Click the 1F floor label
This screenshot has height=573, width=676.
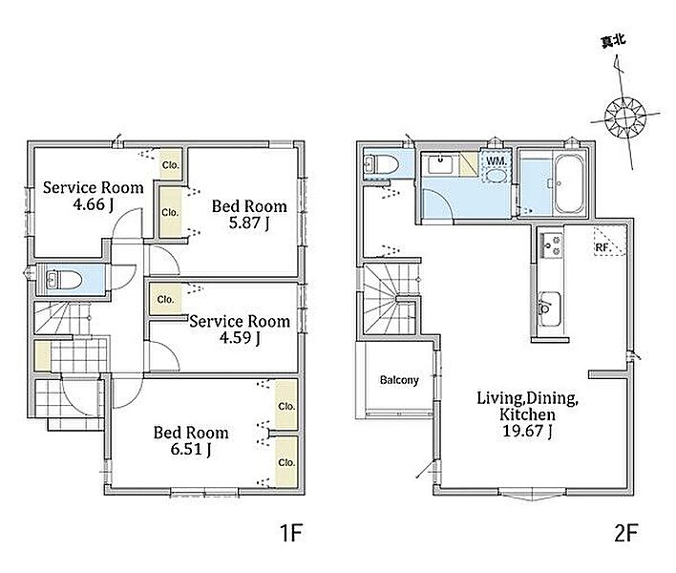(291, 532)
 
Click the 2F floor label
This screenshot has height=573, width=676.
(625, 532)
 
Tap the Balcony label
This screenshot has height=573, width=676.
(399, 380)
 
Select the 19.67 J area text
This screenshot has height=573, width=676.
(528, 431)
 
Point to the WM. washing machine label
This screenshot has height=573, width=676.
(496, 161)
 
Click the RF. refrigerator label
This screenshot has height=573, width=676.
(602, 248)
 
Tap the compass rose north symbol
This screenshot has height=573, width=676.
(624, 117)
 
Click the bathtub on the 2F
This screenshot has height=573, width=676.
(569, 184)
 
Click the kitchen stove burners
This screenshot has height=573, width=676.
(552, 245)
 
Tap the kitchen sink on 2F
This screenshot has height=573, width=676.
(549, 309)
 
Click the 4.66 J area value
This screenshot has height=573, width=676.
(94, 204)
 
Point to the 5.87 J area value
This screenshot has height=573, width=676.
(249, 223)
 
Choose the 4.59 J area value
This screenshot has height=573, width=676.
(240, 337)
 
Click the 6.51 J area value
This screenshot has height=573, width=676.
(191, 449)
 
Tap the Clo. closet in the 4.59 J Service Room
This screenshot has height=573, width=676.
(165, 299)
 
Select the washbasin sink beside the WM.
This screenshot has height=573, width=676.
(440, 164)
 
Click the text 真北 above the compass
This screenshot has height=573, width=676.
(613, 41)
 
